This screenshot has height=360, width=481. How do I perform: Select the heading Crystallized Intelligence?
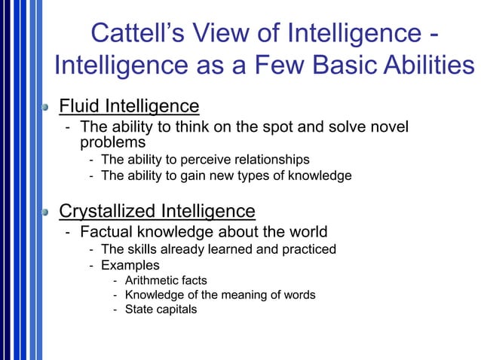pyautogui.click(x=157, y=209)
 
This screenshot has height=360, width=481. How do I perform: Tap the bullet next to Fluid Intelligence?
pyautogui.click(x=47, y=107)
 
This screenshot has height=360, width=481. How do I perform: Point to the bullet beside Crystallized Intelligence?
pyautogui.click(x=47, y=211)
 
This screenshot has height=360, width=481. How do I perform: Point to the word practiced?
pyautogui.click(x=308, y=249)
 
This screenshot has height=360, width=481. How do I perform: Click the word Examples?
pyautogui.click(x=130, y=265)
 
